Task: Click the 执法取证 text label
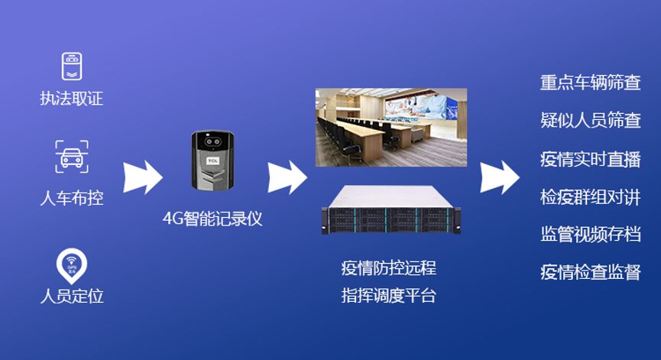[x=71, y=99]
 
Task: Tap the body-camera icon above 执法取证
[x=71, y=66]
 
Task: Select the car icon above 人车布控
[x=71, y=156]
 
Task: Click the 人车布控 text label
[x=71, y=199]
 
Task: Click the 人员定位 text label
[x=71, y=296]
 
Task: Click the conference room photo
[x=391, y=127]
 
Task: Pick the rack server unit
[x=391, y=212]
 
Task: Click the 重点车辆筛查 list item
[x=590, y=83]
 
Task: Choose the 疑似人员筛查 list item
[x=590, y=121]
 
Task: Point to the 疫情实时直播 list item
[x=590, y=159]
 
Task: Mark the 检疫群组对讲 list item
[x=590, y=196]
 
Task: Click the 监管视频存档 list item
[x=590, y=235]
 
